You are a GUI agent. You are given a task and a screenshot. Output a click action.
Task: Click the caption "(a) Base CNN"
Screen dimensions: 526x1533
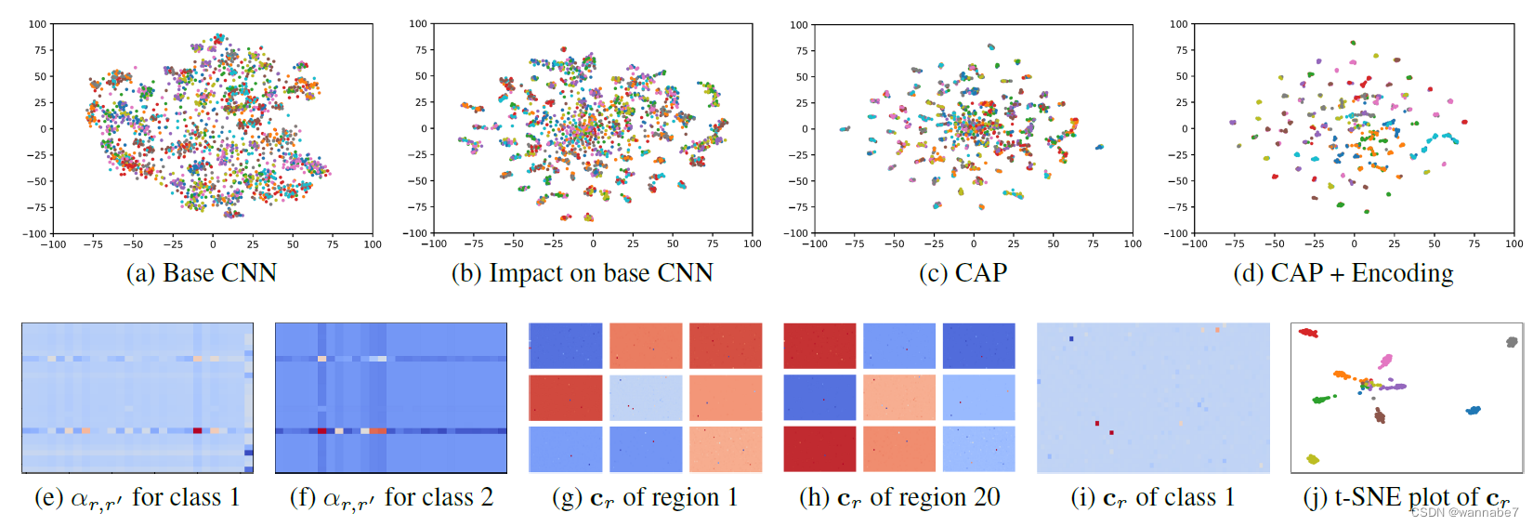pyautogui.click(x=202, y=273)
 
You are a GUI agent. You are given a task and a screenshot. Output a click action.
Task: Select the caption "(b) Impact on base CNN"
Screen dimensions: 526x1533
pyautogui.click(x=582, y=273)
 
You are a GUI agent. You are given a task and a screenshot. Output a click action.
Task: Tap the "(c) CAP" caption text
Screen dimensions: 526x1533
pyautogui.click(x=963, y=273)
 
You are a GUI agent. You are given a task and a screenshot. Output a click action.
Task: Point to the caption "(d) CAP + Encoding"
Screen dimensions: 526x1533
pyautogui.click(x=1343, y=273)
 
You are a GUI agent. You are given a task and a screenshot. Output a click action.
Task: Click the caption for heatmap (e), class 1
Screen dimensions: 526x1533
pyautogui.click(x=137, y=498)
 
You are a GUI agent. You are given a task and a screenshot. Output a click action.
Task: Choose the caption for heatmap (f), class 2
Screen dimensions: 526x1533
pyautogui.click(x=391, y=498)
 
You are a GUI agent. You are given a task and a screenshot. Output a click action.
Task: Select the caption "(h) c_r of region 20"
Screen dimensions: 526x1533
pyautogui.click(x=898, y=498)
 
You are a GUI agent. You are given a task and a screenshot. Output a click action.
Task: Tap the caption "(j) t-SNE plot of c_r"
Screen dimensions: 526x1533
pyautogui.click(x=1406, y=498)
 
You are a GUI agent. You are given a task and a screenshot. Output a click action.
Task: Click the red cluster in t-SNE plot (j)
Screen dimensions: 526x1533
pyautogui.click(x=1308, y=333)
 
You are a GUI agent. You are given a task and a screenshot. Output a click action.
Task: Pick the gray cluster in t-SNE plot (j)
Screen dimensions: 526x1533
pyautogui.click(x=1512, y=342)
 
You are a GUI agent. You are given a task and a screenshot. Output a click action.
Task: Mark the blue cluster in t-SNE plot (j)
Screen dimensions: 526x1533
pyautogui.click(x=1473, y=410)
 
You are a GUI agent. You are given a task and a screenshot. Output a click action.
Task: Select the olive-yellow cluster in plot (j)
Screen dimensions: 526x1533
pyautogui.click(x=1312, y=459)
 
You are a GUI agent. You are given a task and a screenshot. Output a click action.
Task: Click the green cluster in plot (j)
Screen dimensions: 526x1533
pyautogui.click(x=1321, y=400)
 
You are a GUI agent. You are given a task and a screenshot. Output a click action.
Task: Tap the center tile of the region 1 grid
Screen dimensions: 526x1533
pyautogui.click(x=646, y=398)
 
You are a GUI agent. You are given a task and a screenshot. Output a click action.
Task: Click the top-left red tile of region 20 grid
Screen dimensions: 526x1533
pyautogui.click(x=819, y=346)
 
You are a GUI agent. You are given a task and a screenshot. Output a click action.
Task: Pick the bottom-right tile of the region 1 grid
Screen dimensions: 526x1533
pyautogui.click(x=726, y=449)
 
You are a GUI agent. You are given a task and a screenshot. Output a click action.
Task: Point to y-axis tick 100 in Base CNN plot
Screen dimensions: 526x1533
pyautogui.click(x=37, y=24)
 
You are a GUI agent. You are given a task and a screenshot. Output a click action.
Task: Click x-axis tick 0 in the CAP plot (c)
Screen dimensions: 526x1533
pyautogui.click(x=974, y=244)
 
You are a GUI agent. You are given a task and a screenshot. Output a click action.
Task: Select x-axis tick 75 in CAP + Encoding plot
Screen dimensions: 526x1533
pyautogui.click(x=1474, y=244)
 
